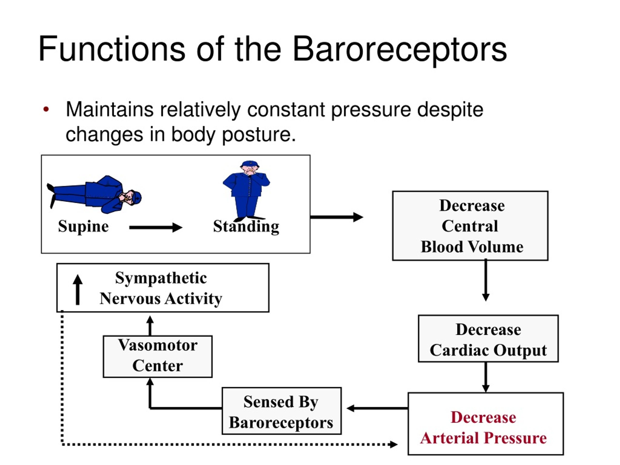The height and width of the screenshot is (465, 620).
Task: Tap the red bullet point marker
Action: point(46,109)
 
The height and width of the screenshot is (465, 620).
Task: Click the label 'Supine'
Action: point(84,226)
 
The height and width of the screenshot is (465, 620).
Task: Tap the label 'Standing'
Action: point(246,226)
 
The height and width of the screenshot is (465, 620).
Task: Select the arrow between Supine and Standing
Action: point(156,227)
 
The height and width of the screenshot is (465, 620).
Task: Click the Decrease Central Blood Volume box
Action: point(470,226)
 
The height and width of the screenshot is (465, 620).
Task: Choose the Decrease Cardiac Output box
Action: point(488,339)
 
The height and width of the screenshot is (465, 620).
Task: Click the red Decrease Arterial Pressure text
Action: point(483,428)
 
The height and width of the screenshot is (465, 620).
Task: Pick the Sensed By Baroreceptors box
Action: point(281,411)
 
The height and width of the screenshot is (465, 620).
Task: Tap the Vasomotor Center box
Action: point(157,356)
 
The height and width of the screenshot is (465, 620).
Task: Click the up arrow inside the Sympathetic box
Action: point(78,290)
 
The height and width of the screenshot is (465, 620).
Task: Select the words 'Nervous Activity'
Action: point(161,299)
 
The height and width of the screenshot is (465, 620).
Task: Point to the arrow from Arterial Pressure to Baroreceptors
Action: point(377,408)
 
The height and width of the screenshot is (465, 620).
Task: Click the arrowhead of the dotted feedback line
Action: point(394,444)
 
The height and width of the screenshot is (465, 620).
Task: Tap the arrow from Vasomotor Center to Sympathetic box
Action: point(150,326)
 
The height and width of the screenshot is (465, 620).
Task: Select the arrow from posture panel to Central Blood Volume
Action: point(337,217)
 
